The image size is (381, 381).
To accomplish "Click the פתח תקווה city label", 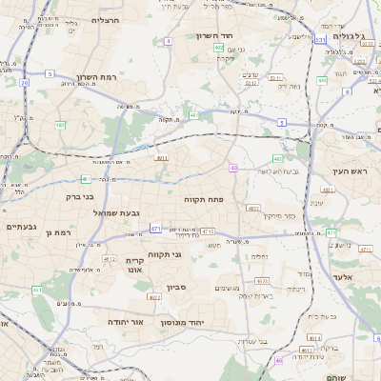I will coord(203,200).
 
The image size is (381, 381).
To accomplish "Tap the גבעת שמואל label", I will coord(118,212).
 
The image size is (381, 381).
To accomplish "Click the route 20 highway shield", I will coord(23,83).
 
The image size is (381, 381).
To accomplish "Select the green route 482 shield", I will coord(61,125).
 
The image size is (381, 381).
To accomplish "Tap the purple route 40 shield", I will coord(233,168).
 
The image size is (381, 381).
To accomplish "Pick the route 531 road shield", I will coord(320,40).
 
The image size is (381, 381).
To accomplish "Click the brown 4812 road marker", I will coord(110,259).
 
